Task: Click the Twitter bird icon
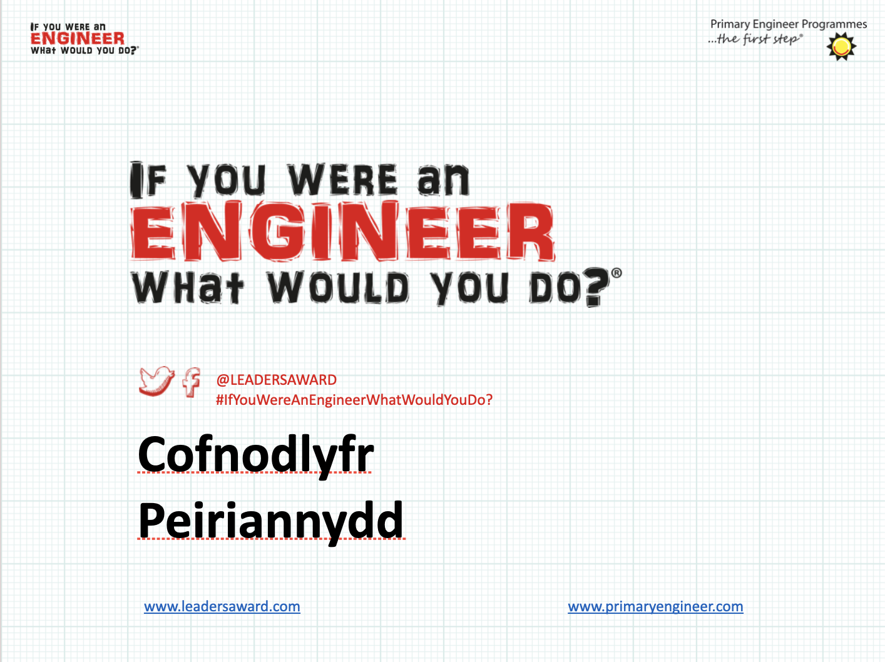tap(157, 381)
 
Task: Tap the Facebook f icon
tap(192, 382)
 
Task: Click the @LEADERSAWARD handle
tap(276, 380)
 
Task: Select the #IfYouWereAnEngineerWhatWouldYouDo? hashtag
tap(354, 400)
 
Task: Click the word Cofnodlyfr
tap(255, 456)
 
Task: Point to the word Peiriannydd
tap(270, 522)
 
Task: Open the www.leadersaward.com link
tap(222, 606)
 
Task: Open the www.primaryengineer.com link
tap(655, 606)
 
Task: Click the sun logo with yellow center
tap(841, 47)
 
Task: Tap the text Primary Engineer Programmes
tap(788, 24)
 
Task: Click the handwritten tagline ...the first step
tap(755, 39)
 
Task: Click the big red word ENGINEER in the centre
tap(343, 232)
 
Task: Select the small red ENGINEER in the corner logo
tap(78, 39)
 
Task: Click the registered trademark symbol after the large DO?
tap(616, 273)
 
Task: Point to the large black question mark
tap(596, 287)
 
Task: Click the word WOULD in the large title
tap(338, 287)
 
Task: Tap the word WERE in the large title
tap(343, 180)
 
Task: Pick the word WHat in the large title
tap(188, 287)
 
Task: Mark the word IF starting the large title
tap(148, 180)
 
